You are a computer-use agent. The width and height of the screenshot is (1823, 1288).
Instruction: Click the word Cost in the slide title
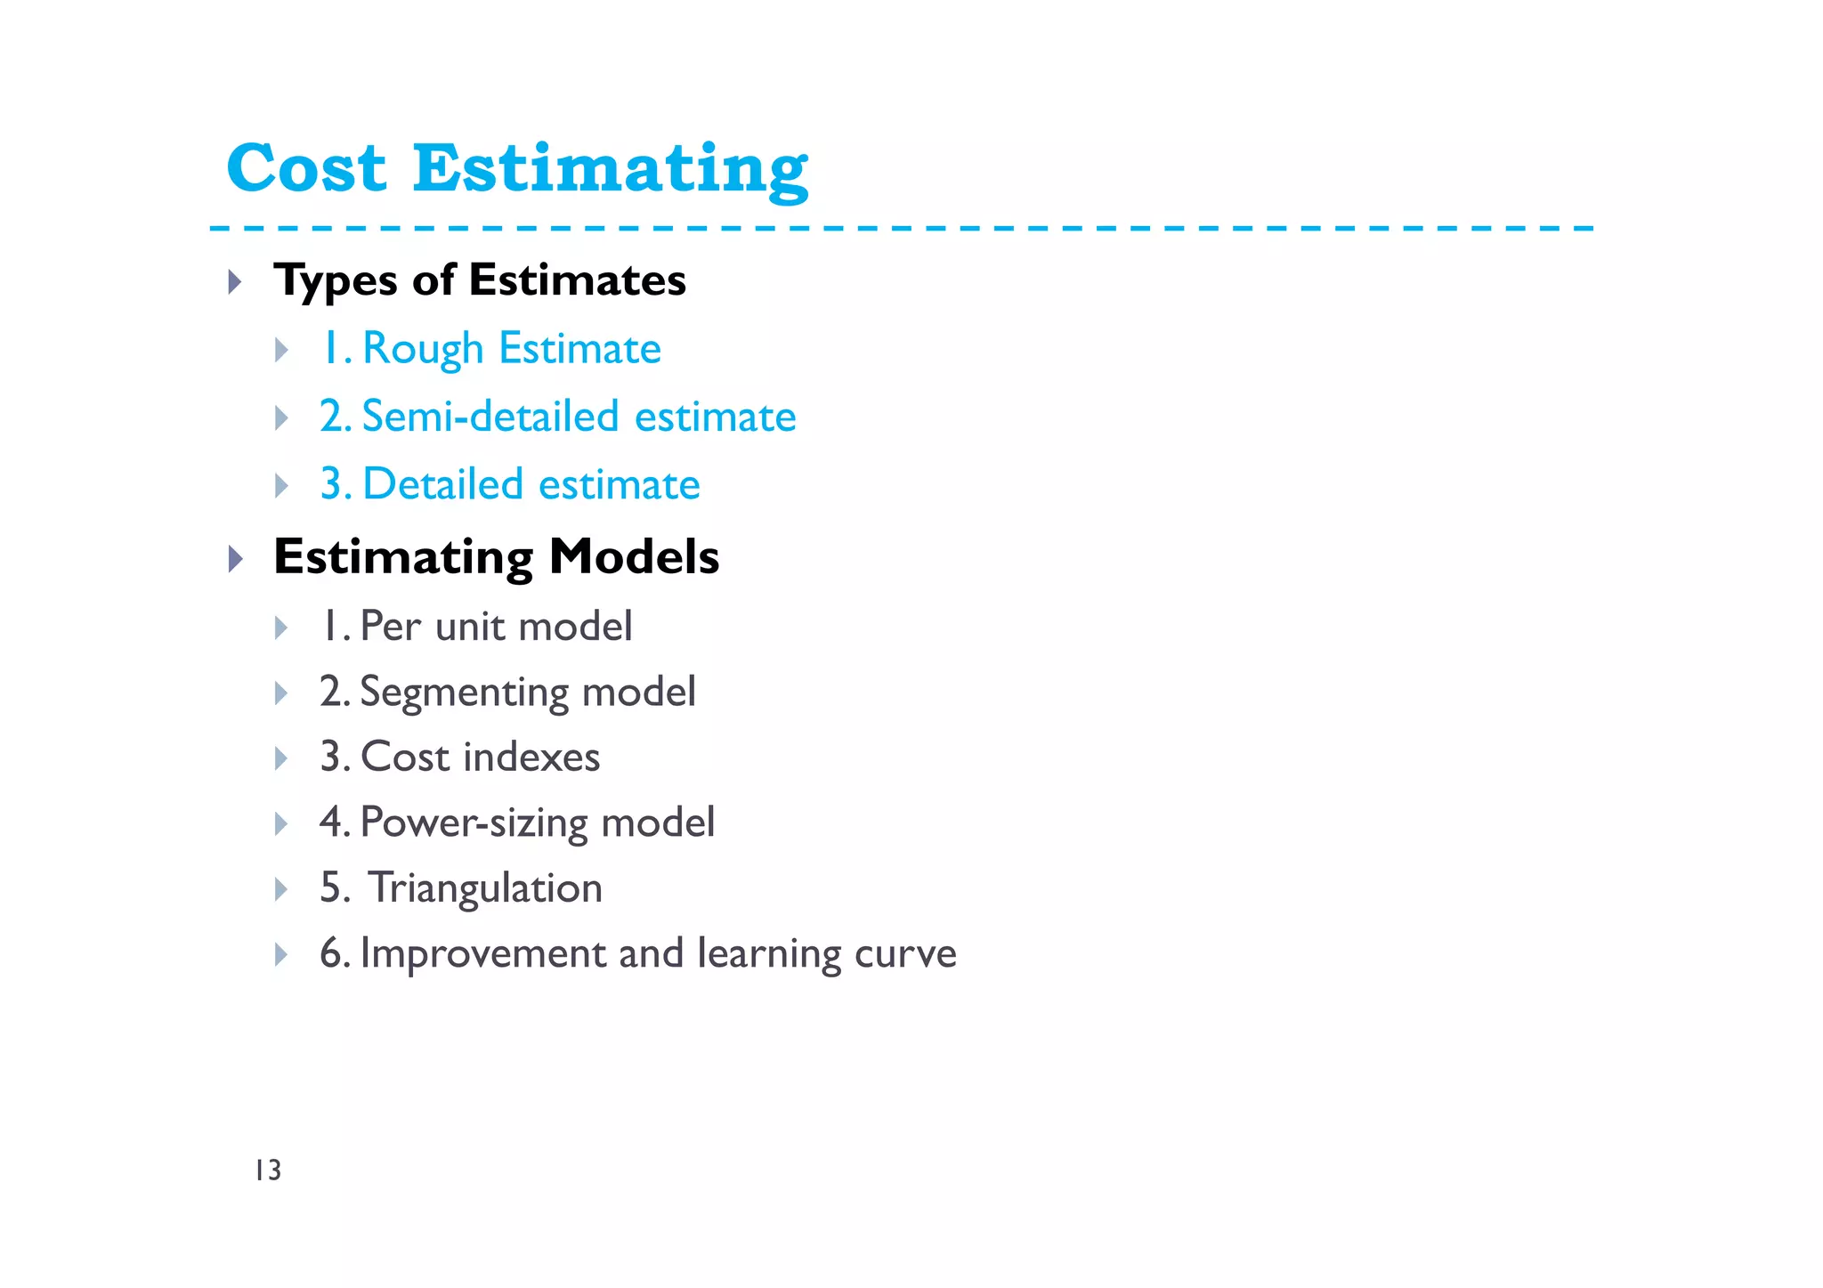pos(306,168)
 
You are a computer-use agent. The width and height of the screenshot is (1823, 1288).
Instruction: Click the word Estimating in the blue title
pos(610,170)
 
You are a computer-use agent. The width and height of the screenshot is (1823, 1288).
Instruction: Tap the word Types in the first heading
pos(336,281)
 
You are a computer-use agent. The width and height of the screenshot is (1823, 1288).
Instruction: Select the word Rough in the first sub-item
pos(423,349)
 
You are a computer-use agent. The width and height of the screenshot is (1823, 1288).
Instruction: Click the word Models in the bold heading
pos(634,557)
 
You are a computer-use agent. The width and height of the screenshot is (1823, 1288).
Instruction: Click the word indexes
pos(531,757)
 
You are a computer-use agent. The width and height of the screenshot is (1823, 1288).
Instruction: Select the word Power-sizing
pos(474,823)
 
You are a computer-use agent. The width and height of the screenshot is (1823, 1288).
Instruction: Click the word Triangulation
pos(485,888)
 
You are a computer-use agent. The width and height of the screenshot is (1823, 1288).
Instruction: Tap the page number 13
pos(268,1170)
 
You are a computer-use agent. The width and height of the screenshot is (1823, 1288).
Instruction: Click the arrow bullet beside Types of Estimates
pos(235,283)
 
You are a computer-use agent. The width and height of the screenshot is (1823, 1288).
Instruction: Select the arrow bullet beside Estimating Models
pos(235,559)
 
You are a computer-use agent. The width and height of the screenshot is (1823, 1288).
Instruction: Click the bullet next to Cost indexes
pos(281,759)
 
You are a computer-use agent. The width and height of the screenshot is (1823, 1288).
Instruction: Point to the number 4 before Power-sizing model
pos(330,822)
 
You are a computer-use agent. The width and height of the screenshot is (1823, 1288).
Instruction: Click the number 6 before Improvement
pos(330,953)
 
